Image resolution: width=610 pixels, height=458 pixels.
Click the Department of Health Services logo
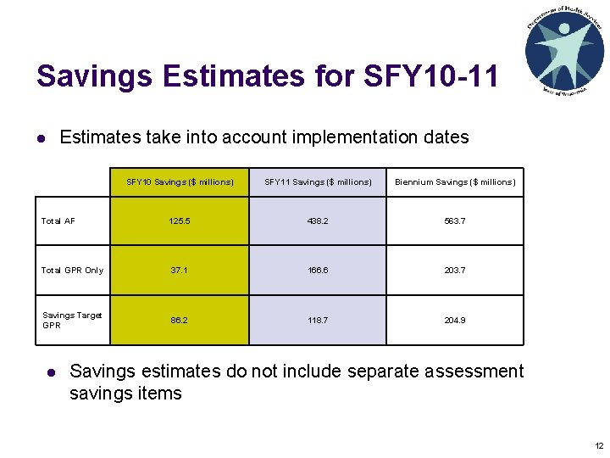pos(564,50)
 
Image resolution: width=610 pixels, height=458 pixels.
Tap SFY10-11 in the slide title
pos(430,76)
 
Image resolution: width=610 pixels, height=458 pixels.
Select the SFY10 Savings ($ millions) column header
pos(180,182)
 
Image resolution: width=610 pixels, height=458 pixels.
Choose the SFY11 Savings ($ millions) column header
pos(318,182)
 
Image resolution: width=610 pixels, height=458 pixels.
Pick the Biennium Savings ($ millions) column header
pos(454,182)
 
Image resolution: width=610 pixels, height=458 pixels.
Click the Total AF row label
pos(58,221)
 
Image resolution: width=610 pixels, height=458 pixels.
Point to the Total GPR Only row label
pos(72,271)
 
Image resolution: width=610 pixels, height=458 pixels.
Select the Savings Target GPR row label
pos(72,320)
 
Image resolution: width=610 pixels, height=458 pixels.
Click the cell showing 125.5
pos(180,221)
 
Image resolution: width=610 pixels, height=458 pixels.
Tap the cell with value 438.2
pos(318,221)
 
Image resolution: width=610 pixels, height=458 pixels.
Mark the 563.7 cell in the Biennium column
pos(454,221)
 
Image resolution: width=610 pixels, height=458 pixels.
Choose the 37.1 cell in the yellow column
pos(180,271)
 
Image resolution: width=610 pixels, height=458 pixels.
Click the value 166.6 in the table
pos(318,271)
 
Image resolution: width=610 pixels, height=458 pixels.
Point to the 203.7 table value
pos(454,271)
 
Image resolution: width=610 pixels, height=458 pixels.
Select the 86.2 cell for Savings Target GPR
pos(180,321)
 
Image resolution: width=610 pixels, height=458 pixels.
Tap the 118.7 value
pos(318,321)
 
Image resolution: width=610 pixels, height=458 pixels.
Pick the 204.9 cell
pos(454,321)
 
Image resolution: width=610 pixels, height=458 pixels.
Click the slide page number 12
pos(599,446)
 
